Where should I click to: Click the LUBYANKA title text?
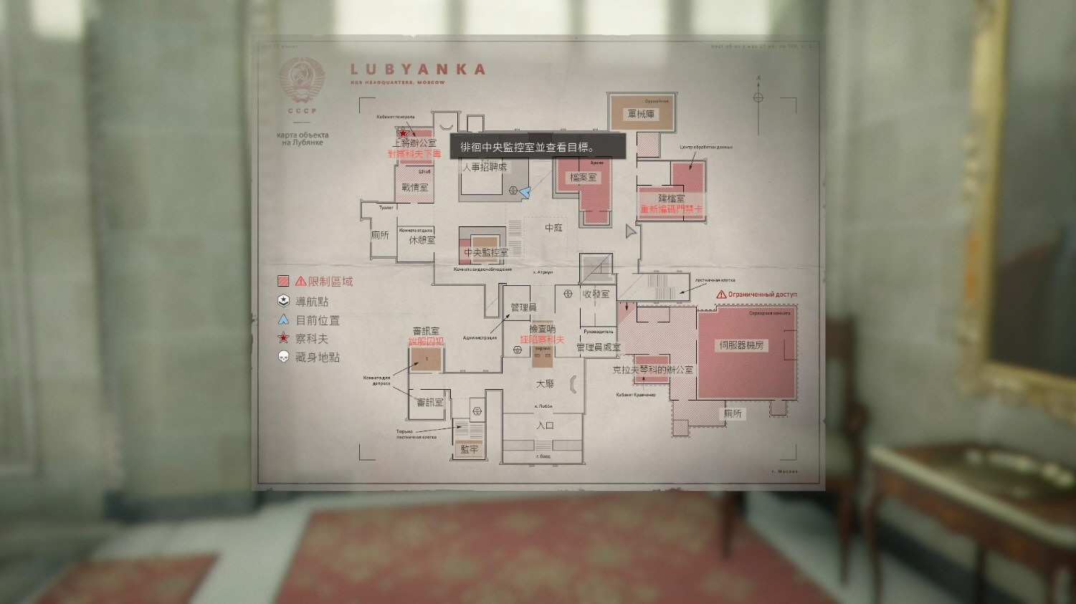pos(418,69)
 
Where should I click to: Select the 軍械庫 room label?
pos(641,113)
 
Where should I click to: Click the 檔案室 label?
pos(583,177)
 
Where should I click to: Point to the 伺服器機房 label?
pos(741,345)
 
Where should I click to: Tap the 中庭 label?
pos(553,228)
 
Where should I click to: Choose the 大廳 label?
pos(545,384)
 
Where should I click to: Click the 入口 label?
pos(545,425)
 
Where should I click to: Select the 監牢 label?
pos(469,449)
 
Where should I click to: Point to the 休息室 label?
pos(422,240)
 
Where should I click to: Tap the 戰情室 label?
pos(414,187)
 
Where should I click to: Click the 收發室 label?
pos(596,294)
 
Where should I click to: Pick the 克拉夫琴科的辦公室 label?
pos(652,370)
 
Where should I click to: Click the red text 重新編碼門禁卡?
pos(671,209)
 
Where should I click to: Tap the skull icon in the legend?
pos(284,357)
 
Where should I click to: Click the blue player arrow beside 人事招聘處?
pos(525,192)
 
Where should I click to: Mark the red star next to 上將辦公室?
pos(403,133)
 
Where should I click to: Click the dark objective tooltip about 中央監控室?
pos(538,147)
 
